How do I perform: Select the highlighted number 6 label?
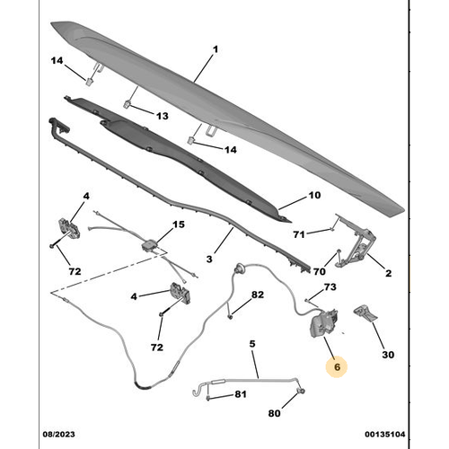[x=338, y=366]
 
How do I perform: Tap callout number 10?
[x=314, y=196]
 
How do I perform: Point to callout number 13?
[x=163, y=117]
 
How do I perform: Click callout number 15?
[x=178, y=224]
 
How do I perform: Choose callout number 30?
[x=388, y=355]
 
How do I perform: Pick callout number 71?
[x=299, y=234]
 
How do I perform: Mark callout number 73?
[x=330, y=287]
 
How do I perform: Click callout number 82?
[x=258, y=295]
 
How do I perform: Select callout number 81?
[x=241, y=395]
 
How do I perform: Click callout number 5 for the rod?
[x=252, y=343]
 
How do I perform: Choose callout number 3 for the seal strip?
[x=208, y=260]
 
